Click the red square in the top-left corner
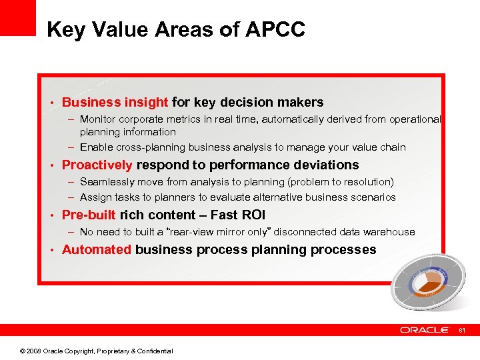pos(17,17)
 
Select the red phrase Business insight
pos(115,103)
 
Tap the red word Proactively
pos(97,165)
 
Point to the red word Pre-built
pos(89,215)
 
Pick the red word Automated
pos(97,250)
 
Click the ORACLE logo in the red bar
pos(425,330)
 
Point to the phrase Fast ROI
pos(238,215)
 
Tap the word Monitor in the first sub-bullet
pos(96,119)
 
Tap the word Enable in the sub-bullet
pos(95,147)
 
